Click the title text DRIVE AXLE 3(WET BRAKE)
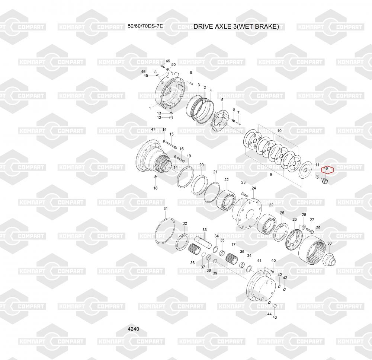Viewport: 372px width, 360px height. (x=236, y=26)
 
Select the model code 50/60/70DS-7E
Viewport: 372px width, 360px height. (x=145, y=26)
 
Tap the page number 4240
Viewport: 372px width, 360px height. (x=133, y=329)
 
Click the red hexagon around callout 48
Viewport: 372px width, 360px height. (x=327, y=169)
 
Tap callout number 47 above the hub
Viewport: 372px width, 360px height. (x=153, y=130)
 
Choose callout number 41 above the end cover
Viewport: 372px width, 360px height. (x=259, y=261)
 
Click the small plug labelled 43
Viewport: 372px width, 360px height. (x=275, y=306)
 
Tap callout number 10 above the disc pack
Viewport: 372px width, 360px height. (x=279, y=131)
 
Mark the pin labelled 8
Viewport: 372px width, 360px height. (x=191, y=84)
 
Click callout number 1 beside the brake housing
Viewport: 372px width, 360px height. (x=150, y=109)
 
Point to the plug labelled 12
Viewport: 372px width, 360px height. (x=171, y=118)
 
